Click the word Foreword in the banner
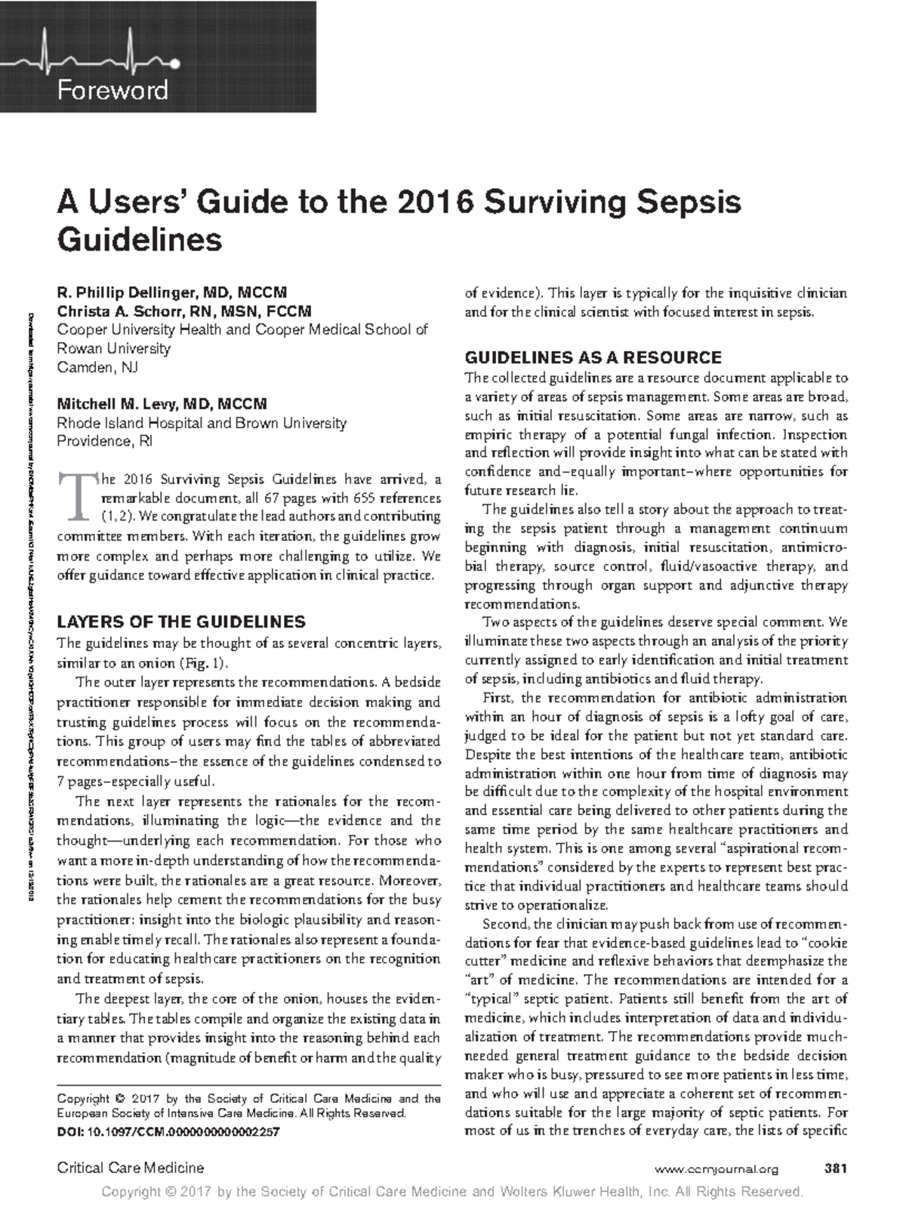(112, 91)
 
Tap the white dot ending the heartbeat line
(175, 63)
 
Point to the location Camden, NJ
(97, 368)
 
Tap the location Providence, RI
(105, 441)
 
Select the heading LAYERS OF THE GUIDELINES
(181, 622)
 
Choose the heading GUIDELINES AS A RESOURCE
(593, 357)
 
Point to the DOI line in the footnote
(168, 1132)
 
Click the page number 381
(837, 1169)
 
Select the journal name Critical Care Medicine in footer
(131, 1168)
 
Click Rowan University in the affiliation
(114, 349)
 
